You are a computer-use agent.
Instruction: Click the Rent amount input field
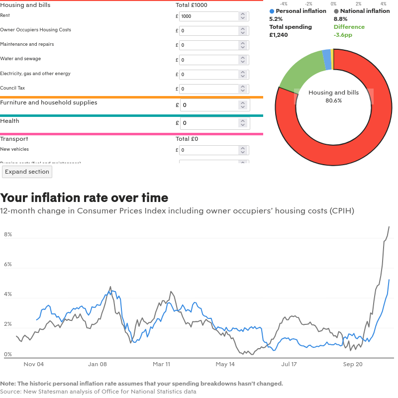(x=209, y=16)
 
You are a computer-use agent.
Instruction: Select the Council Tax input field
(x=209, y=89)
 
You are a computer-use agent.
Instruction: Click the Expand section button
(x=27, y=172)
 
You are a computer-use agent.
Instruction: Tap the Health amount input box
(x=209, y=123)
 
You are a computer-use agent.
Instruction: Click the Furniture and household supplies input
(x=209, y=105)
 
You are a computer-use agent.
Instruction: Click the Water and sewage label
(x=20, y=59)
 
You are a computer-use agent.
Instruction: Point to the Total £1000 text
(x=192, y=5)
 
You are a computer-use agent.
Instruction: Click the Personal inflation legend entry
(x=298, y=11)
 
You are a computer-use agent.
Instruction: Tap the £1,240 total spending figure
(x=279, y=35)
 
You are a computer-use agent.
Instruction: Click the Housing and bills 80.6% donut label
(x=333, y=97)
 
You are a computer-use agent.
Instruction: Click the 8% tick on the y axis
(x=7, y=234)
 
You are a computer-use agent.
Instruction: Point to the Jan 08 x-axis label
(x=98, y=364)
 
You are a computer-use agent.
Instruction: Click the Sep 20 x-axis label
(x=352, y=364)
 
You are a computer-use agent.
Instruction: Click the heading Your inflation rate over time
(x=84, y=198)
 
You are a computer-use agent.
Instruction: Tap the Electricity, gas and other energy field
(x=209, y=75)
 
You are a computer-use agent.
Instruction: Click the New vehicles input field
(x=209, y=150)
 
